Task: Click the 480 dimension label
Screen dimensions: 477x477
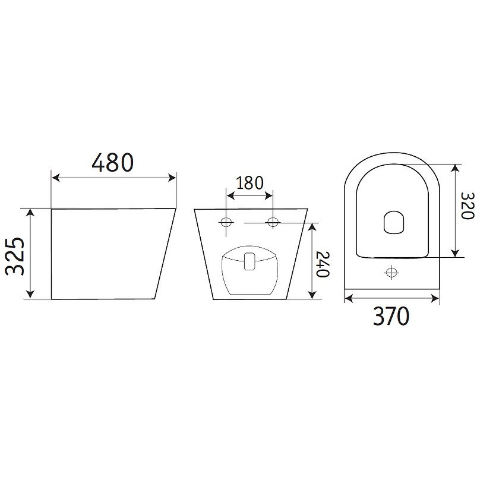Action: [x=112, y=162]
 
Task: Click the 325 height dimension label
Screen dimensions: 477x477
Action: [x=15, y=256]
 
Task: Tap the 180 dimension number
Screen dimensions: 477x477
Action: [x=249, y=183]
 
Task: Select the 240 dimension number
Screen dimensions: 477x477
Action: [x=323, y=264]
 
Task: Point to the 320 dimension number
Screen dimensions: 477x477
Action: [x=467, y=206]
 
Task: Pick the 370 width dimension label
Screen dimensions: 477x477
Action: [x=391, y=316]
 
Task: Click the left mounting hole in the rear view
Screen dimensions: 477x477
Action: [x=226, y=223]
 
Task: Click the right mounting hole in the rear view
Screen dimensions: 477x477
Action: [x=273, y=222]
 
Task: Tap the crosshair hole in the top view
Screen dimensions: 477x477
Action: [x=391, y=272]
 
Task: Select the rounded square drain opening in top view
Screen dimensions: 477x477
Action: [x=395, y=222]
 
